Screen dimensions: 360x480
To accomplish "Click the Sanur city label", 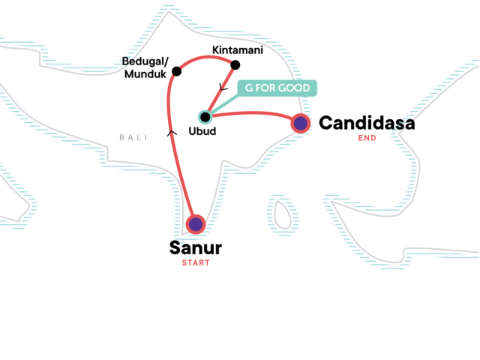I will pyautogui.click(x=196, y=248).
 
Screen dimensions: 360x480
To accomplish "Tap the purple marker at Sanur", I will pyautogui.click(x=196, y=224).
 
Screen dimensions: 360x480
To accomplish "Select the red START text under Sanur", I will pyautogui.click(x=196, y=263).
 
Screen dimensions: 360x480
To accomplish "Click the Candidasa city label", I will pyautogui.click(x=367, y=122).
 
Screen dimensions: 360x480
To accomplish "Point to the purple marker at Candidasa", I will pyautogui.click(x=300, y=123).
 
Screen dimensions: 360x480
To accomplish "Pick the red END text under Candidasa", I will pyautogui.click(x=367, y=138).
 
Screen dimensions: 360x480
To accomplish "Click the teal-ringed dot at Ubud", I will pyautogui.click(x=205, y=117).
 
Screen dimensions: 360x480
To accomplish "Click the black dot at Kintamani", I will pyautogui.click(x=235, y=64).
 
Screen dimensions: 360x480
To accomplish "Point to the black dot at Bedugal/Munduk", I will pyautogui.click(x=177, y=72).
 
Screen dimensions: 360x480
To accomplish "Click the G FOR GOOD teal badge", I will pyautogui.click(x=277, y=88).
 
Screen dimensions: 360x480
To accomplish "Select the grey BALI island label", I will pyautogui.click(x=131, y=137).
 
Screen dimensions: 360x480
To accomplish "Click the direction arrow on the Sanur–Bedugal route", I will pyautogui.click(x=172, y=135).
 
